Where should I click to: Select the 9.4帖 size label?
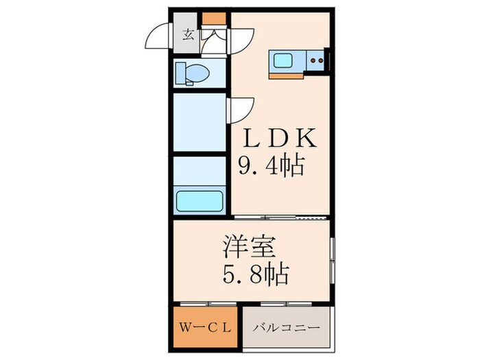tap(271, 166)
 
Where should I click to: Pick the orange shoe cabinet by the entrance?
tap(214, 20)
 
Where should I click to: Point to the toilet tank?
tap(179, 72)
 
